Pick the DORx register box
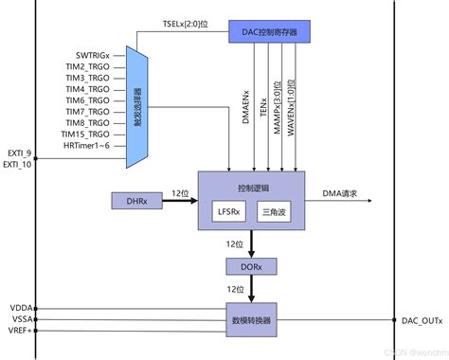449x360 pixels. pos(249,267)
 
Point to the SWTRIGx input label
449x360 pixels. pos(96,57)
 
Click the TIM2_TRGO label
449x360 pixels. pos(93,70)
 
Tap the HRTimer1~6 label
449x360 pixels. pos(93,147)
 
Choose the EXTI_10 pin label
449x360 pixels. pos(19,164)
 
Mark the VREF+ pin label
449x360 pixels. pos(18,333)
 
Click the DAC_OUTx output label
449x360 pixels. pos(421,320)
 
